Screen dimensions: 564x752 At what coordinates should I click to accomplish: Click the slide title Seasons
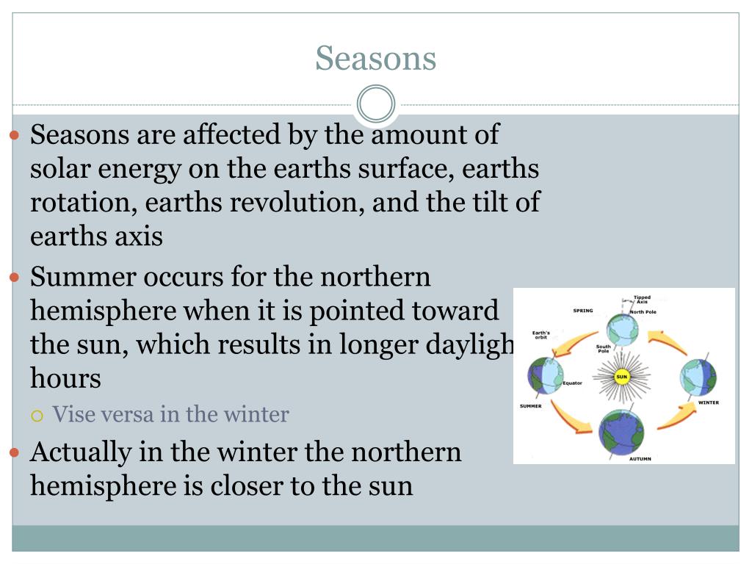click(375, 59)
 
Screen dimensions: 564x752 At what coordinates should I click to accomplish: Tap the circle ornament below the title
click(376, 104)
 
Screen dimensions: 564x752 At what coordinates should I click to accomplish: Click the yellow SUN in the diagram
click(622, 377)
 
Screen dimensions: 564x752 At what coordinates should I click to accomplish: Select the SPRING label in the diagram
click(582, 311)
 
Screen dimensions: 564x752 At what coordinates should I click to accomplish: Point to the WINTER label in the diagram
click(708, 402)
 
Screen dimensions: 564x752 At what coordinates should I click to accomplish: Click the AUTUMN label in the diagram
click(640, 459)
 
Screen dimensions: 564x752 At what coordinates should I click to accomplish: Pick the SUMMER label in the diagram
click(530, 406)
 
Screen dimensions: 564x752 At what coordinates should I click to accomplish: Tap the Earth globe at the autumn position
click(621, 432)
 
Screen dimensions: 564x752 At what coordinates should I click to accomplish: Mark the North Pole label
click(643, 312)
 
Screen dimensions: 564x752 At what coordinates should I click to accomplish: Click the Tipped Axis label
click(642, 300)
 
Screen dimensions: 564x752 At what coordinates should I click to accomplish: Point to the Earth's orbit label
click(541, 335)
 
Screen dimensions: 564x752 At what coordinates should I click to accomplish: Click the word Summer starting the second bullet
click(83, 278)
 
